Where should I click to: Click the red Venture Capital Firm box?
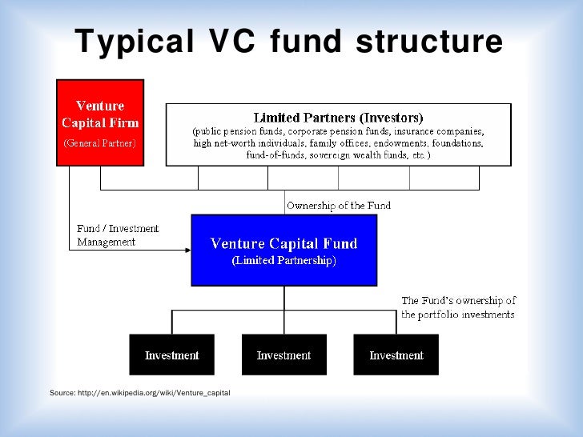click(100, 123)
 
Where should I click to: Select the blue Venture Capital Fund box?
click(283, 250)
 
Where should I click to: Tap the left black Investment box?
click(171, 355)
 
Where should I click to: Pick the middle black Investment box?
click(283, 355)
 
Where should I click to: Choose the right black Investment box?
click(396, 355)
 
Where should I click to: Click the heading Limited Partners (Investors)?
click(338, 117)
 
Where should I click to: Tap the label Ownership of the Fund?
click(339, 206)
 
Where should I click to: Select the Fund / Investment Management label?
click(118, 235)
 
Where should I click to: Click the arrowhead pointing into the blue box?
click(187, 250)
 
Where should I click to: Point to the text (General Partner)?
click(100, 143)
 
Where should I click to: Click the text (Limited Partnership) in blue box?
click(283, 261)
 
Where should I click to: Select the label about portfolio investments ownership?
click(459, 307)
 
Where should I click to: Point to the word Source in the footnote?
click(62, 392)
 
